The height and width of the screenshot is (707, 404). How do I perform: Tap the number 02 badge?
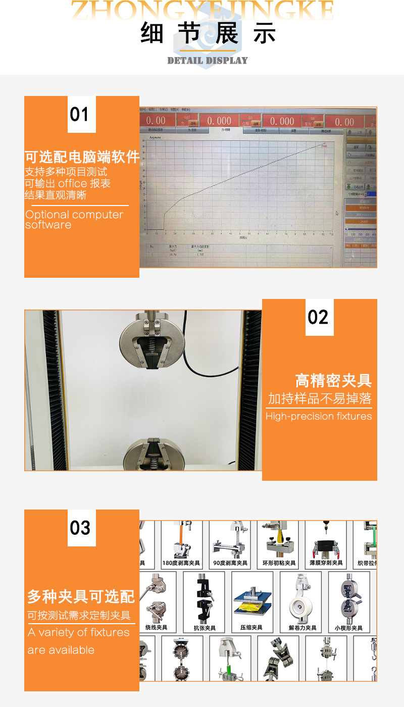318,317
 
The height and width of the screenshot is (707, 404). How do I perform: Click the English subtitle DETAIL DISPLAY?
208,61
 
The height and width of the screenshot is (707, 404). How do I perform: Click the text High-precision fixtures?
318,417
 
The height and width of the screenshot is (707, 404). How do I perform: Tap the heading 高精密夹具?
333,381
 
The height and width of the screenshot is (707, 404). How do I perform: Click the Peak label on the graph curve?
324,146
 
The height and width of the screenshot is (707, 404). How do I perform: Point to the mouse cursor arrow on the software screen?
337,213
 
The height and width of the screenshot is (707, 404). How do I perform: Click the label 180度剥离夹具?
181,563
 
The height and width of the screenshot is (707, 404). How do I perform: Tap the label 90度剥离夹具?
230,563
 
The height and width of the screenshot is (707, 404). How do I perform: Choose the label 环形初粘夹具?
279,563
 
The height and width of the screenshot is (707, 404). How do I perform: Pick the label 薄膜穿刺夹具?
326,563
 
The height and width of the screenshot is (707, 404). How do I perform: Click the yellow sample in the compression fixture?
251,605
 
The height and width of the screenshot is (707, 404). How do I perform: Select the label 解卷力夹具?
302,628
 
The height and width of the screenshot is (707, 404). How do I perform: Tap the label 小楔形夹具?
348,628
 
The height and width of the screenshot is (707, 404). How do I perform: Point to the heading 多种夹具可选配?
81,597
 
